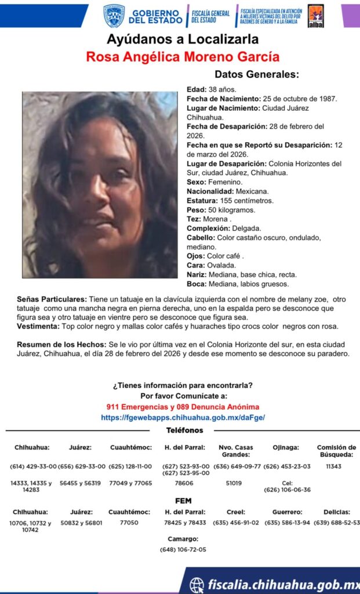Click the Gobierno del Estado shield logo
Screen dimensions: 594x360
point(114,16)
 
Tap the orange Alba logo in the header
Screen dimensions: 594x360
point(315,16)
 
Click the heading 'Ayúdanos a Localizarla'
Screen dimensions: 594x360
point(183,40)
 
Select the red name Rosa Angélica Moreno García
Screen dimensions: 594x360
point(183,57)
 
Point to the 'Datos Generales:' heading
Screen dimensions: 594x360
point(257,74)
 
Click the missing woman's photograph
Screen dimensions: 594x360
point(100,184)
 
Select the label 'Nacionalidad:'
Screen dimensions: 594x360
point(210,191)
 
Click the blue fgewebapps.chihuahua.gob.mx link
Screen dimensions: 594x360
point(183,417)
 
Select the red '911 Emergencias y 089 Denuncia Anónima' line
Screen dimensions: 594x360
point(183,407)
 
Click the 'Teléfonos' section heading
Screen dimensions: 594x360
point(184,430)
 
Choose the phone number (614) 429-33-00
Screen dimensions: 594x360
point(33,466)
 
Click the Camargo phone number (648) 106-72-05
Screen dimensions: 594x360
point(183,549)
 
